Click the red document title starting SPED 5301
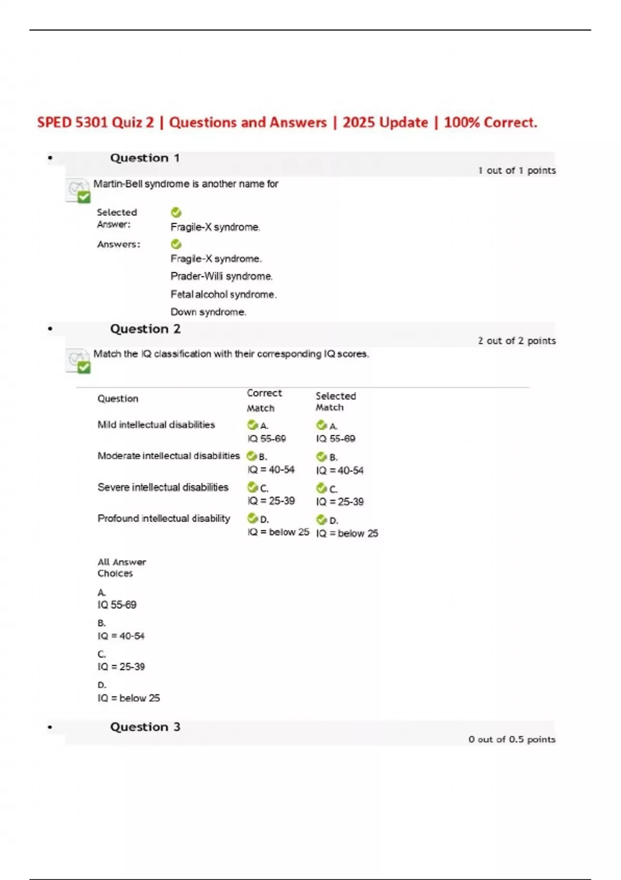[x=287, y=123]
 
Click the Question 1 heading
[x=145, y=158]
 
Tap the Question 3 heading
[x=145, y=727]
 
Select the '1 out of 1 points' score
[x=516, y=170]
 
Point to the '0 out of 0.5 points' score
[x=512, y=739]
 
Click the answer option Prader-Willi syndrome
[x=221, y=276]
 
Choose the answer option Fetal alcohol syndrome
[x=224, y=295]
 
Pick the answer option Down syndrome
[x=209, y=312]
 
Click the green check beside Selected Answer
[x=176, y=212]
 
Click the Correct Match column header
[x=264, y=400]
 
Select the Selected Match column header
[x=335, y=401]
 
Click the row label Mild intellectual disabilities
[x=156, y=424]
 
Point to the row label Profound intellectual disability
[x=164, y=518]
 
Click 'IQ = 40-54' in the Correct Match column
[x=271, y=470]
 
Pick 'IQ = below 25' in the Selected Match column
[x=347, y=533]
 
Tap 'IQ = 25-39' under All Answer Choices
[x=121, y=667]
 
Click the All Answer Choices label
[x=122, y=567]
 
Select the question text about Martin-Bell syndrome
[x=186, y=184]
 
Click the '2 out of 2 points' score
[x=516, y=341]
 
